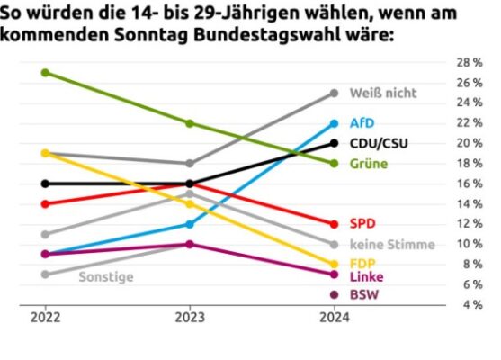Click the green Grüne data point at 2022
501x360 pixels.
coord(46,73)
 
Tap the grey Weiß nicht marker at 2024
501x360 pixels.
coord(334,93)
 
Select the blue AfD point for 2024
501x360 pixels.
coord(334,123)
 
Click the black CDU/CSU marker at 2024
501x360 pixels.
coord(334,143)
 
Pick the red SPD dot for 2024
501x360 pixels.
coord(334,224)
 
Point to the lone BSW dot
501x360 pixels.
coord(334,294)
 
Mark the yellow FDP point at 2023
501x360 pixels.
coord(190,204)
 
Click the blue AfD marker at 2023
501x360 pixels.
coord(190,224)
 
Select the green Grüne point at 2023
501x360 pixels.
coord(190,123)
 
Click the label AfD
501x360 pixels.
coord(362,123)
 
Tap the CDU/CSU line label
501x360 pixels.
coord(378,143)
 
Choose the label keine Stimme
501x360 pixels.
coord(391,244)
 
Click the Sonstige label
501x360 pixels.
coord(106,276)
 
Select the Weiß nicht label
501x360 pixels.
coord(382,93)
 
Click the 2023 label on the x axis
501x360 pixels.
coord(190,318)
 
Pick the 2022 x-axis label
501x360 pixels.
coord(46,318)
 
